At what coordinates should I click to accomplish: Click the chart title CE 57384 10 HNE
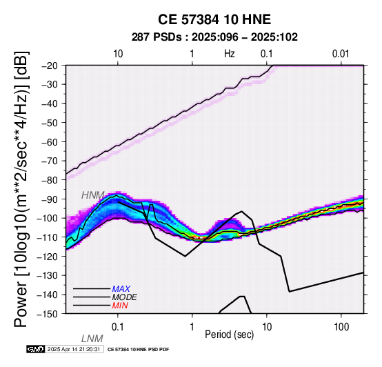pos(214,19)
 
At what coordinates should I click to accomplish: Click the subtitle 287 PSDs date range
pos(214,37)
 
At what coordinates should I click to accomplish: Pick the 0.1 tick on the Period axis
pos(118,327)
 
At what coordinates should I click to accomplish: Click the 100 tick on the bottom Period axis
pos(341,327)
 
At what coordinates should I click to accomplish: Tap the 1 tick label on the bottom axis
pos(192,327)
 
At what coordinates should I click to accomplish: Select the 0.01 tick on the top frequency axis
pos(341,54)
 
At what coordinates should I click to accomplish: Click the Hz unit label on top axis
pos(230,54)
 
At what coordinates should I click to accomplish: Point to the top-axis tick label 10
pos(118,54)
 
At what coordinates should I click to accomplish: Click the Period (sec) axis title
pos(229,335)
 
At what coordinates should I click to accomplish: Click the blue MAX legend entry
pos(121,289)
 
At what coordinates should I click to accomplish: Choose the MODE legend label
pos(125,297)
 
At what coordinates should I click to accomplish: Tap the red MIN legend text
pos(120,306)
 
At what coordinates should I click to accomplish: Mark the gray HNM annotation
pos(93,195)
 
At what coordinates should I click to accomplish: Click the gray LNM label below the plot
pos(92,339)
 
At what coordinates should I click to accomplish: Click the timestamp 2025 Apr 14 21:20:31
pos(74,350)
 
